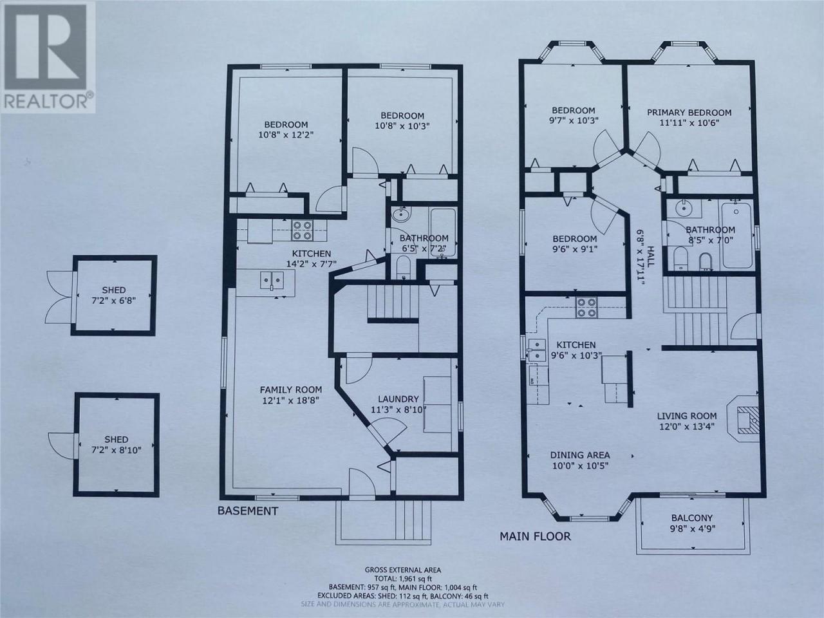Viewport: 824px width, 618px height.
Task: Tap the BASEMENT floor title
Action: (248, 511)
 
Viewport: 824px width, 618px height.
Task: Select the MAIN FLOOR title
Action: (535, 537)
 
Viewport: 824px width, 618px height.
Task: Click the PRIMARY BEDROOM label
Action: (689, 112)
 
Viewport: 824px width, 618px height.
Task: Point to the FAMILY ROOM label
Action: (291, 390)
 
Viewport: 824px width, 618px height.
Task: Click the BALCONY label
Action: (692, 518)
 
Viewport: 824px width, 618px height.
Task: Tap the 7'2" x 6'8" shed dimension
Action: (114, 300)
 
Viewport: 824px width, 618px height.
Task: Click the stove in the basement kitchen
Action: (302, 230)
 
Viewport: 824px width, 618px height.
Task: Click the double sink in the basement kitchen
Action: (272, 279)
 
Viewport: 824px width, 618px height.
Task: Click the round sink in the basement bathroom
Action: (402, 215)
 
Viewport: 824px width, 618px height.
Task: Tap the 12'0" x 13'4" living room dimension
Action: (687, 426)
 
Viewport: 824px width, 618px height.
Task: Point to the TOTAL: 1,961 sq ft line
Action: (403, 579)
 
